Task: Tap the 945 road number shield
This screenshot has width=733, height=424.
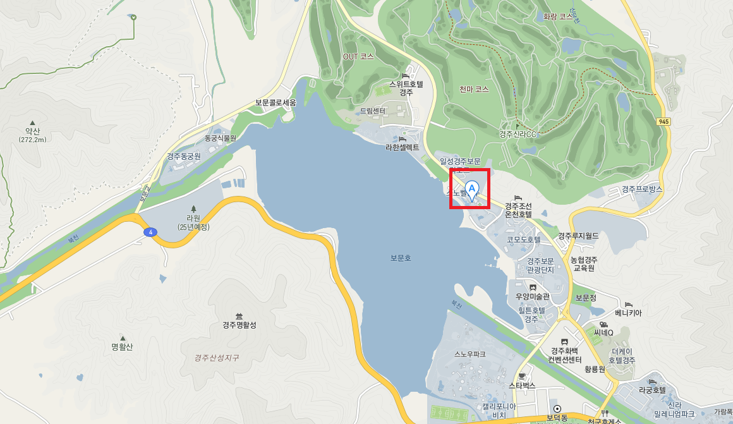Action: coord(663,121)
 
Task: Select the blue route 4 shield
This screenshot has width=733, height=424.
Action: coord(150,232)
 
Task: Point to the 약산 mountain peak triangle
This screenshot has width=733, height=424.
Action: coord(32,123)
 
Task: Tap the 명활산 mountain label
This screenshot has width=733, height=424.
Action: coord(123,346)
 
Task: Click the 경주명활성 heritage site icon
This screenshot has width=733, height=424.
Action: coord(239,315)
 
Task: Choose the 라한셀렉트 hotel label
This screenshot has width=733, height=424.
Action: coord(403,147)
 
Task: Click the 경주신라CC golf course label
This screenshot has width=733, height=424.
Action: coord(518,134)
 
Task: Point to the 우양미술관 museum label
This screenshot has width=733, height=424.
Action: coord(532,296)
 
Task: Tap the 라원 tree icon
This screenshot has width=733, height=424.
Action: coord(193,208)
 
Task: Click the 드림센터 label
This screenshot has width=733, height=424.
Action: coord(372,111)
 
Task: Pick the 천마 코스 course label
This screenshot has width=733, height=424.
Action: coord(474,90)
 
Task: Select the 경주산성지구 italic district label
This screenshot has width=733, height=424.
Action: coord(217,358)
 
